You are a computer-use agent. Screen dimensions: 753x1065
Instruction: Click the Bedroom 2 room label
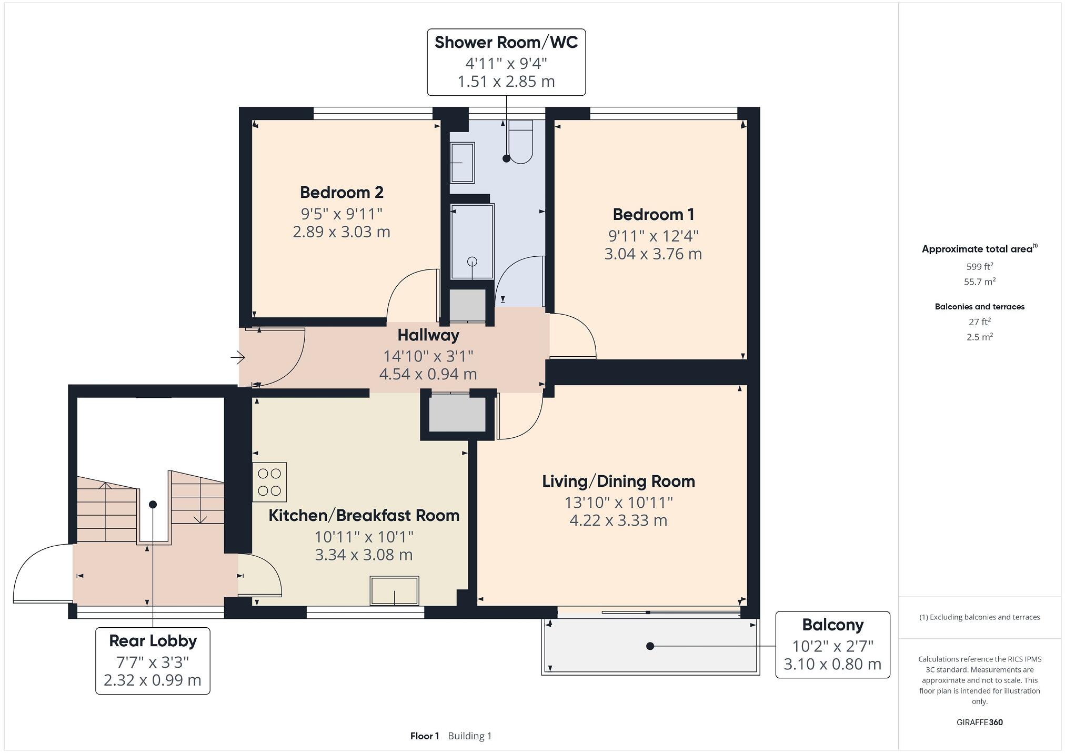(x=341, y=193)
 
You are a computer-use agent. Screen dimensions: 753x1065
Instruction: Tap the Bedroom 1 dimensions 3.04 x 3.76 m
(x=652, y=254)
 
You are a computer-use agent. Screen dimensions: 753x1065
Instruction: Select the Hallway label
(x=428, y=335)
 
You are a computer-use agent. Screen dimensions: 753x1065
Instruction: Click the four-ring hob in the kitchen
(x=269, y=482)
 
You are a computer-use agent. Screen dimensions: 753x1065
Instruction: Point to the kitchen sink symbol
(x=395, y=590)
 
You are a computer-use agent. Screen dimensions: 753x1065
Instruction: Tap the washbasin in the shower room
(x=462, y=163)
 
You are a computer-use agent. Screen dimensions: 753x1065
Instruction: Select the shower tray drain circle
(x=472, y=261)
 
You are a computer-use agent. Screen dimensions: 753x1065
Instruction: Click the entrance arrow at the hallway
(x=238, y=358)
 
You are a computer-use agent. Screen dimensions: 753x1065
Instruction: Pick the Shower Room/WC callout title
(x=506, y=43)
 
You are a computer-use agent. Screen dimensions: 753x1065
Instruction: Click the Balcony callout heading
(x=832, y=625)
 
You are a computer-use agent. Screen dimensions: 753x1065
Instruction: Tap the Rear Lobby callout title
(x=153, y=641)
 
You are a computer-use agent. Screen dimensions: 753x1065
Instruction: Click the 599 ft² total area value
(x=979, y=266)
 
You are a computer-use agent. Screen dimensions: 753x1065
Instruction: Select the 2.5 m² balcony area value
(x=979, y=337)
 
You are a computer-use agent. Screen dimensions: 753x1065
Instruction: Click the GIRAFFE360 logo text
(x=979, y=722)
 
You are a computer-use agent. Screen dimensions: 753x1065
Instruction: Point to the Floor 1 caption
(x=424, y=736)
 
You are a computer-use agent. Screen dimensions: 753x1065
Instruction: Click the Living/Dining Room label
(x=618, y=481)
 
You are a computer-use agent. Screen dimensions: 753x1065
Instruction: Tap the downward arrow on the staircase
(x=200, y=519)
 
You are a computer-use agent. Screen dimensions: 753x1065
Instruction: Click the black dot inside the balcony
(x=650, y=646)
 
